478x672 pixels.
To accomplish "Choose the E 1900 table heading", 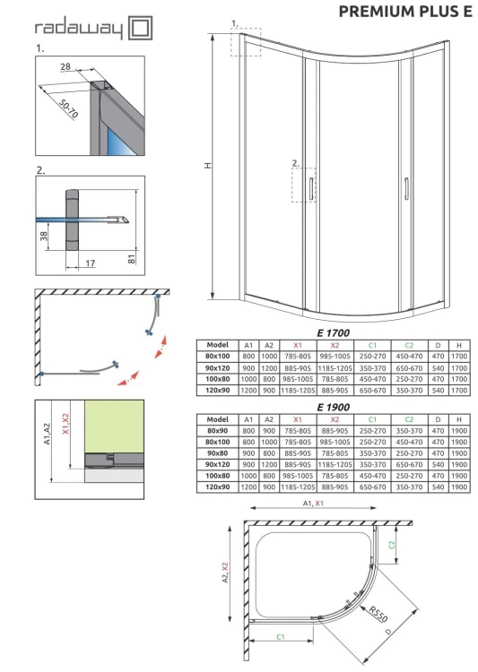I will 334,407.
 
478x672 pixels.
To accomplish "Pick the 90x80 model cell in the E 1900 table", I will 217,453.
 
